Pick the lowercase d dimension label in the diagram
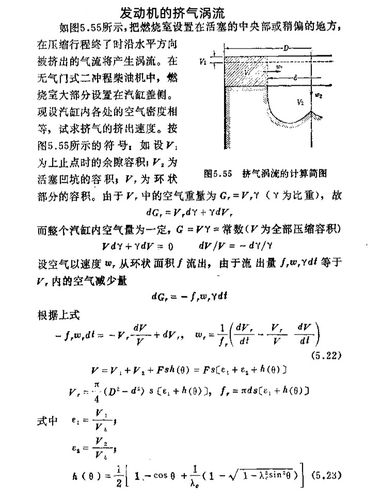click(294, 78)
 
